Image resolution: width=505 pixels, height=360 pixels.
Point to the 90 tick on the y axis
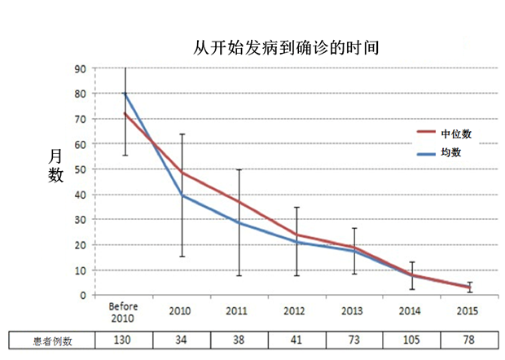click(81, 68)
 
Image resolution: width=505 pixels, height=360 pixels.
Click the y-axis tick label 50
click(81, 169)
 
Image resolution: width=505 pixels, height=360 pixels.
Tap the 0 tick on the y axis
click(83, 296)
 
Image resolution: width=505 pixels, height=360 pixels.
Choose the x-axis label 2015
click(468, 310)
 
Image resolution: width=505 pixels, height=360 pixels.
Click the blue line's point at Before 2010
click(125, 94)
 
